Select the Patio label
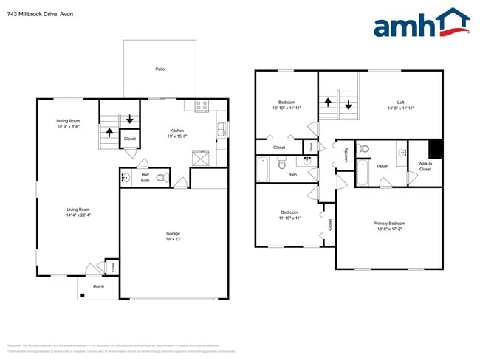(x=160, y=69)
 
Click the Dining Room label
(x=68, y=121)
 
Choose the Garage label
(x=172, y=234)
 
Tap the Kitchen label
(x=177, y=131)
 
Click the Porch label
(x=98, y=287)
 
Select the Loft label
(x=400, y=103)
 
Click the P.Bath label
(x=383, y=166)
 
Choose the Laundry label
(x=346, y=155)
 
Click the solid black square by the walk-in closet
(x=436, y=148)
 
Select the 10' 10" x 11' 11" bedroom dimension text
(x=287, y=108)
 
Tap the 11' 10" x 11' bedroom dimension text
(x=289, y=218)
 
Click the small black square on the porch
(x=83, y=296)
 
